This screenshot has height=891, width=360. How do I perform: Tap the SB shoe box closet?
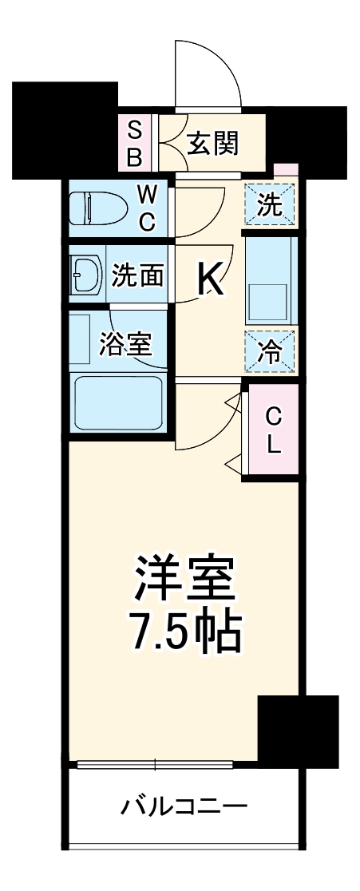click(135, 144)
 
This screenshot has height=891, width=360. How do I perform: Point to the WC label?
click(147, 209)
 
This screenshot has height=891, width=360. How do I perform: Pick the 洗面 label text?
click(137, 275)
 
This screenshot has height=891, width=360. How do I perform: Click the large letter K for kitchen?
click(209, 280)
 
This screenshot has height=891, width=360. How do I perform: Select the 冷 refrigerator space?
click(271, 352)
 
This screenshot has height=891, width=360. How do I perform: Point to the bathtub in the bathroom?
click(117, 403)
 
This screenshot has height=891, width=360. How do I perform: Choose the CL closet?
click(273, 431)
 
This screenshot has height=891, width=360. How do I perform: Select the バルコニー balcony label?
click(184, 806)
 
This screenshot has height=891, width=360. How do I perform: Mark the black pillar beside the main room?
click(297, 730)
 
